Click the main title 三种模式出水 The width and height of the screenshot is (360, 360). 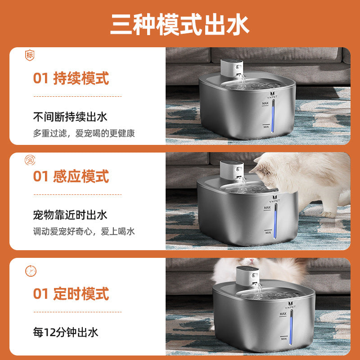pyautogui.click(x=180, y=26)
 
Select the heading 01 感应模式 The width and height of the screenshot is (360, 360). pyautogui.click(x=71, y=176)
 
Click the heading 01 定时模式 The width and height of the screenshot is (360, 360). pyautogui.click(x=71, y=294)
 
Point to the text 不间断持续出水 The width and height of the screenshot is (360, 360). pyautogui.click(x=70, y=117)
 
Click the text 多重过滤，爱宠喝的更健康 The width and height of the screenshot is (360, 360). pyautogui.click(x=84, y=133)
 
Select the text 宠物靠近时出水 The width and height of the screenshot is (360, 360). pyautogui.click(x=70, y=215)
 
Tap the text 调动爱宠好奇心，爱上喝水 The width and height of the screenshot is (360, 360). pyautogui.click(x=84, y=231)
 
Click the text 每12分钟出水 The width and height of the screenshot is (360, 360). pyautogui.click(x=66, y=333)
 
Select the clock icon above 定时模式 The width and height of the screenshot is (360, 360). pyautogui.click(x=31, y=271)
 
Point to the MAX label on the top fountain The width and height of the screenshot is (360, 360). pyautogui.click(x=266, y=103)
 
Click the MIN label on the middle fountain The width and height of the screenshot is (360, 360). pyautogui.click(x=268, y=233)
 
